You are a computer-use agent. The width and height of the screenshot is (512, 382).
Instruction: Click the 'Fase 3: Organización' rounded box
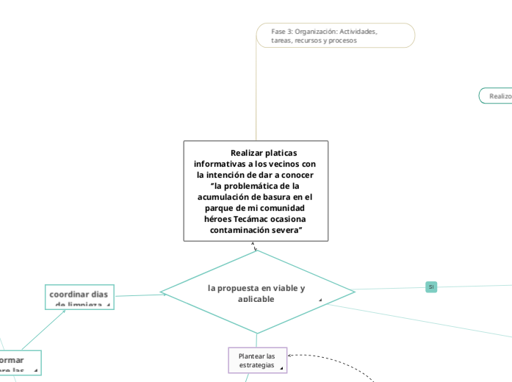pyautogui.click(x=335, y=35)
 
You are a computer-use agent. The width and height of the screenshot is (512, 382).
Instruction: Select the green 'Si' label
pyautogui.click(x=431, y=286)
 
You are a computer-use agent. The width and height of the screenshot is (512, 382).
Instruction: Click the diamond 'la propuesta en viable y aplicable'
pyautogui.click(x=256, y=292)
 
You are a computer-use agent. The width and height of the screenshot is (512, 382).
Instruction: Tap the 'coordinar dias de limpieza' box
pyautogui.click(x=79, y=298)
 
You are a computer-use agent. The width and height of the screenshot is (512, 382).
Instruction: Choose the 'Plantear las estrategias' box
pyautogui.click(x=257, y=360)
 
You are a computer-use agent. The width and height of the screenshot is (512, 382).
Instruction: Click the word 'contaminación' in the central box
pyautogui.click(x=239, y=230)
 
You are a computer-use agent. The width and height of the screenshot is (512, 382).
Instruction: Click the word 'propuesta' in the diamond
pyautogui.click(x=240, y=288)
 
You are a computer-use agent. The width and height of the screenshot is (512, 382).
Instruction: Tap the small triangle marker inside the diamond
pyautogui.click(x=320, y=300)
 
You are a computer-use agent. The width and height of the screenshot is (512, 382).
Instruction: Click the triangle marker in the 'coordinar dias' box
pyautogui.click(x=108, y=304)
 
